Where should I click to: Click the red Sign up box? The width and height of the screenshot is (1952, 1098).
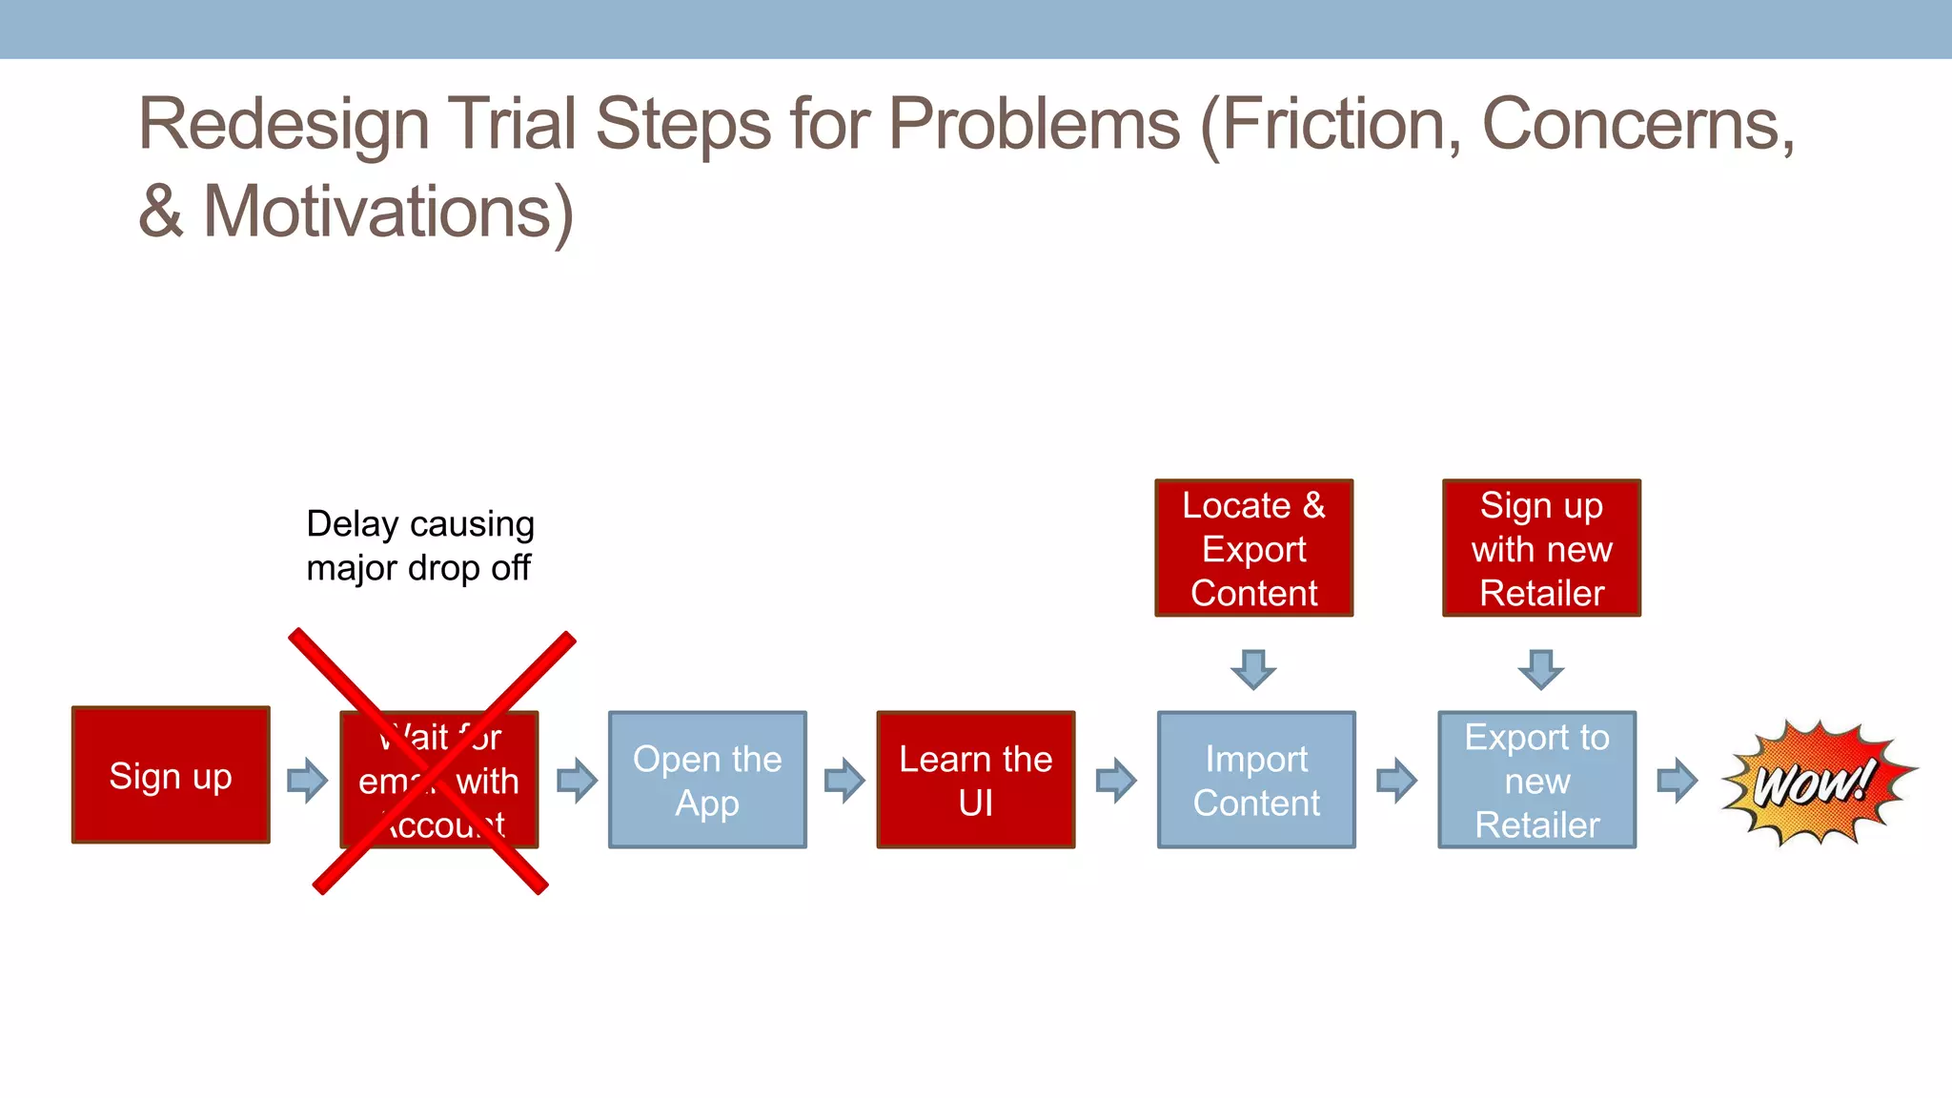click(x=171, y=776)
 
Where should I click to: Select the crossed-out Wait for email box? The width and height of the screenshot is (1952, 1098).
click(x=439, y=780)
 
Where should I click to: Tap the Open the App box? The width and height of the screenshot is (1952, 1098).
click(x=707, y=780)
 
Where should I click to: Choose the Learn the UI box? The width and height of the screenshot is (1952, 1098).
click(x=975, y=780)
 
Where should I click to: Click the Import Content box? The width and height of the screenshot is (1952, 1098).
click(x=1255, y=780)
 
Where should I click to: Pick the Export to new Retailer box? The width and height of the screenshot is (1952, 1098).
click(x=1536, y=780)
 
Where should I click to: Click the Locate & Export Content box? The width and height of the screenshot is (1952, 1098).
click(x=1253, y=548)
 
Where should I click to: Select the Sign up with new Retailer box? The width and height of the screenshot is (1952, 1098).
click(x=1541, y=548)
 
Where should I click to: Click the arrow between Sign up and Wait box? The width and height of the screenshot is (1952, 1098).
click(x=307, y=781)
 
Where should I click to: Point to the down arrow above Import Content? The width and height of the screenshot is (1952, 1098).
click(x=1253, y=669)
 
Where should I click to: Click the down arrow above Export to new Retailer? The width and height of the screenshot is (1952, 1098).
click(x=1540, y=669)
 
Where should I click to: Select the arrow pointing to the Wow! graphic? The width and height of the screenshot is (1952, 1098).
click(x=1677, y=781)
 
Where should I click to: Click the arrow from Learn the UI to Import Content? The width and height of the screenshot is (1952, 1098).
click(x=1115, y=781)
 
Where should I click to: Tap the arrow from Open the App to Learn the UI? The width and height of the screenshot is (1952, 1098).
click(x=844, y=781)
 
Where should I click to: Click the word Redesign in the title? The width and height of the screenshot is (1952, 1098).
click(x=283, y=126)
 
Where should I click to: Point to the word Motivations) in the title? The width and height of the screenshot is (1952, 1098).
click(x=388, y=212)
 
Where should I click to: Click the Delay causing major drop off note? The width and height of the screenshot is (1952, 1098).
click(x=419, y=546)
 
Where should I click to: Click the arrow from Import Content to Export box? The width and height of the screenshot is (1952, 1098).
click(x=1396, y=781)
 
